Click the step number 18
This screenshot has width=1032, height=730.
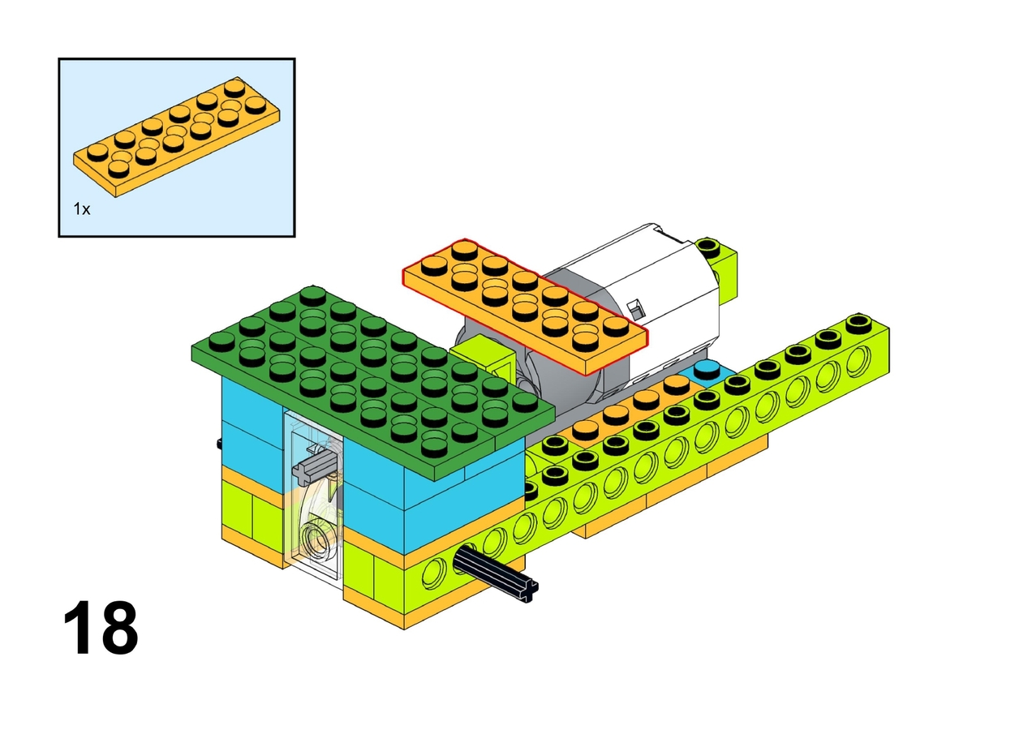101,628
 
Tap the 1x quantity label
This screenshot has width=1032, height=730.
82,209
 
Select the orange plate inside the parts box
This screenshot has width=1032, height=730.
177,137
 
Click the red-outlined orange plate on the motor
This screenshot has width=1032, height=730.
525,307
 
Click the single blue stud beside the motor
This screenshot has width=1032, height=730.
707,369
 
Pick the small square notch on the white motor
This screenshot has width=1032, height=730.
636,310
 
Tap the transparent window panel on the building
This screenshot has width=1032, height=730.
313,495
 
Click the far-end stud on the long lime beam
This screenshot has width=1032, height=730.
858,321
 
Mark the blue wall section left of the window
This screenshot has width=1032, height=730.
252,423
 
